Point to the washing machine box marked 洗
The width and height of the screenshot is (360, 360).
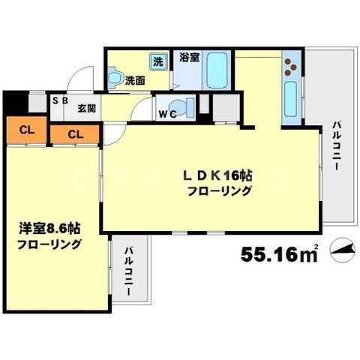159,60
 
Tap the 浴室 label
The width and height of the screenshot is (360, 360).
188,57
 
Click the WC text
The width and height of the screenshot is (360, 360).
167,115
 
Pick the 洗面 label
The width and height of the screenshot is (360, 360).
135,80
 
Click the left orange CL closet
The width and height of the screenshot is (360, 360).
26,129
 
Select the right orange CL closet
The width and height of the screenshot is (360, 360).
74,133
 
